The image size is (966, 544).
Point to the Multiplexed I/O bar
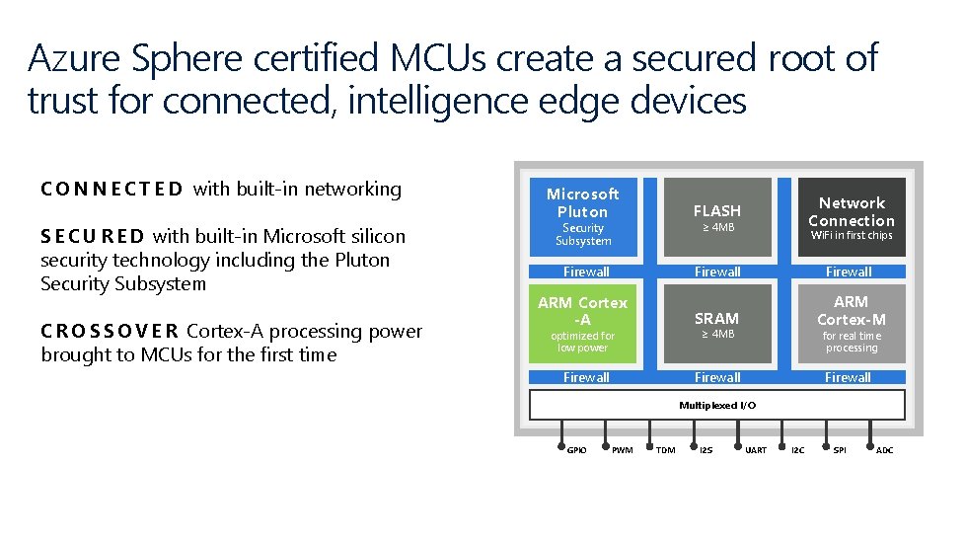coord(717,405)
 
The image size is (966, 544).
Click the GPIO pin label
coord(577,451)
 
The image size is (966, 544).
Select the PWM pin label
coord(623,451)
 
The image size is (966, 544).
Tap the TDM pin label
coord(666,451)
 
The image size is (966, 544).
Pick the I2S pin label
coord(706,451)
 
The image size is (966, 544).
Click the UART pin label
coord(756,451)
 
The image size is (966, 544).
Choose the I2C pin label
coord(797,451)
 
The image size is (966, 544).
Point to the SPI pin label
coord(840,451)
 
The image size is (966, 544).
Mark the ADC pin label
coord(885,451)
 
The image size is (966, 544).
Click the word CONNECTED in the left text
coord(111,189)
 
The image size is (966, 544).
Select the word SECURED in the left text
coord(93,236)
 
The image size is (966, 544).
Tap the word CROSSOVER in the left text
coord(110,331)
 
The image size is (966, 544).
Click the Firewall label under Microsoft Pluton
coord(586,272)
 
